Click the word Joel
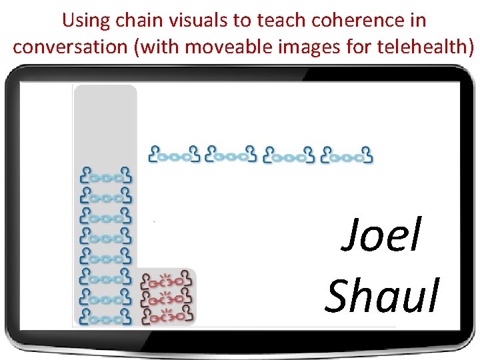coord(381,237)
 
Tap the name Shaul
coord(383,295)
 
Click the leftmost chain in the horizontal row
coord(174,155)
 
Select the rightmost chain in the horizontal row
coord(347,155)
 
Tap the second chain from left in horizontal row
coord(231,155)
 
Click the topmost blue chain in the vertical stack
coord(106,176)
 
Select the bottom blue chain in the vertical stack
coord(106,315)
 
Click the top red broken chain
coord(167,281)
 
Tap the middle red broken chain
coord(167,296)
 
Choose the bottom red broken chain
coord(167,311)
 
